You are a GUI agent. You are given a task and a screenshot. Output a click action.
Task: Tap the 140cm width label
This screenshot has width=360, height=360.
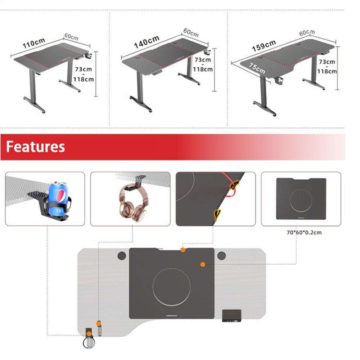[147, 41]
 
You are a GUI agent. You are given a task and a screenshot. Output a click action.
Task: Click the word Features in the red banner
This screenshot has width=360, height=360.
[35, 147]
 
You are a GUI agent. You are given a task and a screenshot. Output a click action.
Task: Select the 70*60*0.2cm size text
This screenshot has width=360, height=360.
[304, 233]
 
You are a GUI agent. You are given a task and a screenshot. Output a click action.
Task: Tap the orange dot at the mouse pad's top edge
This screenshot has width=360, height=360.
[183, 250]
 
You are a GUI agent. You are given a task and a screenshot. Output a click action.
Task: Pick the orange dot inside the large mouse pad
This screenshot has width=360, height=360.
[203, 265]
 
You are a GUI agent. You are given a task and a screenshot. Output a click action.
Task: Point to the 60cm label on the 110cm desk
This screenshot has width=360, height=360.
[71, 37]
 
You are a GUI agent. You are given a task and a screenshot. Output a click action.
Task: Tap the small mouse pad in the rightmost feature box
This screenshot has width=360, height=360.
[301, 199]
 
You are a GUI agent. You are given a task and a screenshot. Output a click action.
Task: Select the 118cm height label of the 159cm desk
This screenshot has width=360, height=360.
[327, 71]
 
